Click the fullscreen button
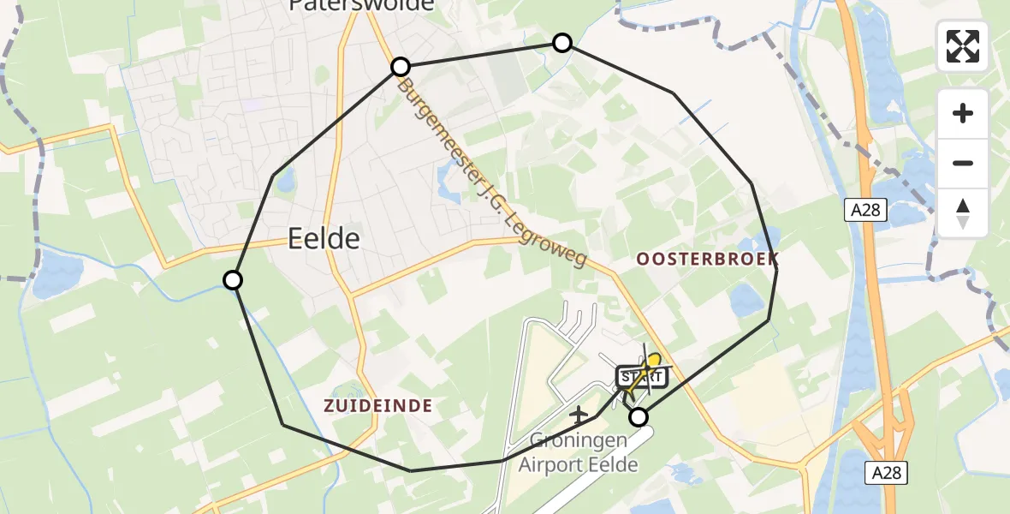(963, 46)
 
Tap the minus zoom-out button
(963, 164)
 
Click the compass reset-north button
(963, 213)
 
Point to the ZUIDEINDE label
(377, 405)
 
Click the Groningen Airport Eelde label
(579, 453)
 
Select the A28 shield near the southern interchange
(887, 472)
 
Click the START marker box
(640, 377)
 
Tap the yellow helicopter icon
(653, 363)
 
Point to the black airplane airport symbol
(579, 415)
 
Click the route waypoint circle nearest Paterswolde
(401, 67)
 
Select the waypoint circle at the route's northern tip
(562, 43)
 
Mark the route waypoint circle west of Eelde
(233, 280)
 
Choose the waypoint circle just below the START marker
(639, 417)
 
